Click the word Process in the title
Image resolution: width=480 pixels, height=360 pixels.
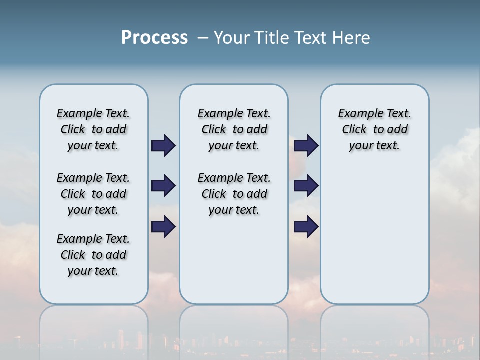click(154, 37)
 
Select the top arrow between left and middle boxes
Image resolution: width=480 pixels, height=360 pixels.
click(163, 145)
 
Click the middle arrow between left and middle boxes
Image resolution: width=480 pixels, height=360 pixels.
click(163, 186)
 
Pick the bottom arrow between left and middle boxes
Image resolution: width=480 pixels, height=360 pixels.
click(163, 226)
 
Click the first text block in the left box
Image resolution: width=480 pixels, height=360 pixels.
click(93, 129)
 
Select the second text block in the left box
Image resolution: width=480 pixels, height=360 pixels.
click(93, 194)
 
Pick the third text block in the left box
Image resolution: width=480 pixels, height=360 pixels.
click(93, 255)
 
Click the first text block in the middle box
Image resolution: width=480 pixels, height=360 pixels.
click(234, 129)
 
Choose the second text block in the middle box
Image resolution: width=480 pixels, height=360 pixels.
click(234, 194)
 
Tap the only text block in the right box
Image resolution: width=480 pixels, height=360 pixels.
click(374, 129)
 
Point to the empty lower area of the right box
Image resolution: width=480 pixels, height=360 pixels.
click(374, 235)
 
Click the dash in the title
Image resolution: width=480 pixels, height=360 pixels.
click(203, 38)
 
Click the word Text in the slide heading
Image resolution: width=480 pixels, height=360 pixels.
click(308, 38)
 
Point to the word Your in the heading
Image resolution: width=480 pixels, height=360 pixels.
click(232, 38)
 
